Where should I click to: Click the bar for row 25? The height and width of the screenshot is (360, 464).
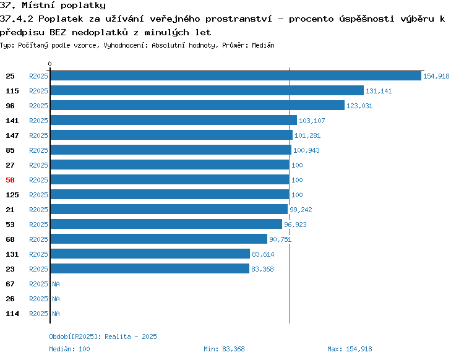(236, 75)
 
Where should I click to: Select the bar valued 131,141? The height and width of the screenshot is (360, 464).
(207, 90)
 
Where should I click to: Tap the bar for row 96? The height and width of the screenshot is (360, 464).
(197, 105)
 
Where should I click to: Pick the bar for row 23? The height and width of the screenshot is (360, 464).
(150, 268)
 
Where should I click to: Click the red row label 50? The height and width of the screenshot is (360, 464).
(10, 180)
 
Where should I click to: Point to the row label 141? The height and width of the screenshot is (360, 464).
(12, 121)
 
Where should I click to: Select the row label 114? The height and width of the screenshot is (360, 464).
(12, 314)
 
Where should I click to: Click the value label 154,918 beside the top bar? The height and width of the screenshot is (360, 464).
(436, 76)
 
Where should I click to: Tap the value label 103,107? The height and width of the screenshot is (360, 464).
(312, 121)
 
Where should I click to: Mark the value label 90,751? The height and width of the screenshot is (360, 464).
(280, 239)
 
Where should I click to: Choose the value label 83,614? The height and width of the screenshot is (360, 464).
(263, 254)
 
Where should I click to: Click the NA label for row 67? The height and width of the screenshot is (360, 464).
(56, 284)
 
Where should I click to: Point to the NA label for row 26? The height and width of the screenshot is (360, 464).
(56, 299)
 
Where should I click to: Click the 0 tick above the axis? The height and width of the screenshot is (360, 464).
(49, 64)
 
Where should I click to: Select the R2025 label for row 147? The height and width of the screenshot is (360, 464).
(38, 135)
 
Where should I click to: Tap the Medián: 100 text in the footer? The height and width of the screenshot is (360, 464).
(69, 349)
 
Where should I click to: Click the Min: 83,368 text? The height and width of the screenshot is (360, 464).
(225, 349)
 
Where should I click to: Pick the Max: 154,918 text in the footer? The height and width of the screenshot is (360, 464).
(350, 349)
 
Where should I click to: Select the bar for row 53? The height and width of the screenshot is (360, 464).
(166, 224)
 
